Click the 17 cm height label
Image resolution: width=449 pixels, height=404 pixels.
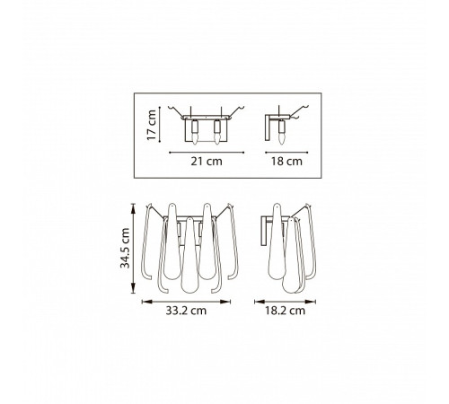[x=152, y=125]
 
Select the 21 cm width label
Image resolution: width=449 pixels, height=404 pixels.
[x=207, y=162]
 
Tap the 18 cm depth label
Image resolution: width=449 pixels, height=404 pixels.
[x=286, y=162]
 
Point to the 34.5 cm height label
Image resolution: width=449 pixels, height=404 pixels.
[x=125, y=249]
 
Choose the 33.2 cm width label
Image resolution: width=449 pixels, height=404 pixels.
[x=186, y=311]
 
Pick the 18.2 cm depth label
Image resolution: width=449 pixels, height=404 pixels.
[x=285, y=311]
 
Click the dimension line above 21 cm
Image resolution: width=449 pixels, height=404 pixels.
[x=207, y=153]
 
